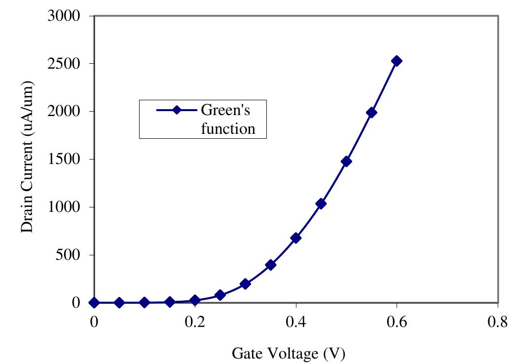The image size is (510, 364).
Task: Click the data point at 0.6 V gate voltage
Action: [396, 61]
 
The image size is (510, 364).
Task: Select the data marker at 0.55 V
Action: [371, 113]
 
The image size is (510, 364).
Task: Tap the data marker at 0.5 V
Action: [346, 162]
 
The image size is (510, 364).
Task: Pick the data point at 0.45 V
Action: [321, 203]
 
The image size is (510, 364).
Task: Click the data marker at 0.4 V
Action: [296, 238]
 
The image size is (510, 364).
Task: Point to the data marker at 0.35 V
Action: [270, 265]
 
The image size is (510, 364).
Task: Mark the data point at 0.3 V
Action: [245, 284]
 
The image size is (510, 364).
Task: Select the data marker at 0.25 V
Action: [220, 295]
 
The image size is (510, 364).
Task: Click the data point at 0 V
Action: [94, 302]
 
